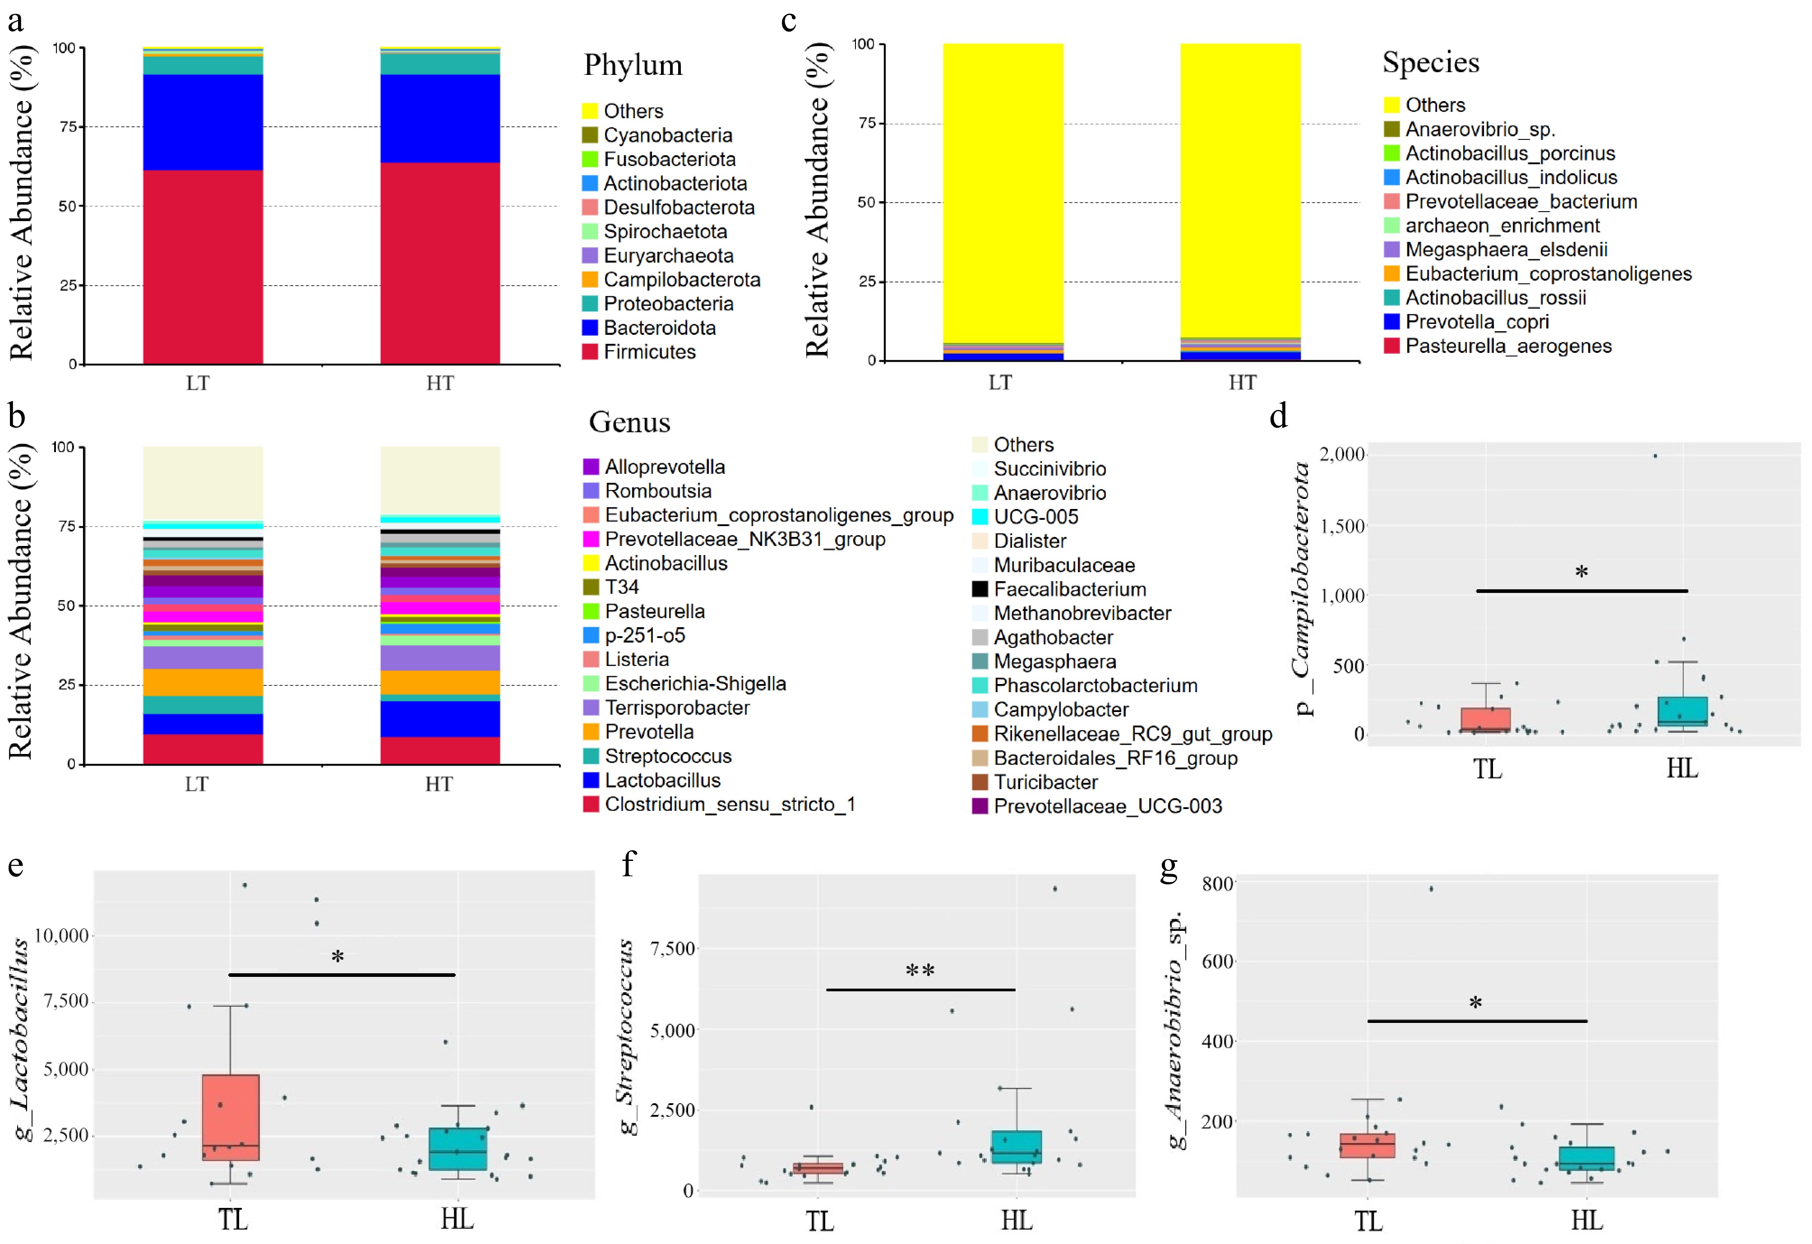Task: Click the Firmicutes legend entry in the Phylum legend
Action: pyautogui.click(x=649, y=352)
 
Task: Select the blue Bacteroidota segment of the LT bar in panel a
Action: pyautogui.click(x=203, y=122)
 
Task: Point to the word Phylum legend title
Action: pyautogui.click(x=633, y=65)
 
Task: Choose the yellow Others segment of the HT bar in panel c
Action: pyautogui.click(x=1240, y=187)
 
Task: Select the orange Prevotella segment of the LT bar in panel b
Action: pyautogui.click(x=203, y=682)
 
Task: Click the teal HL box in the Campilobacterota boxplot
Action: pyautogui.click(x=1682, y=711)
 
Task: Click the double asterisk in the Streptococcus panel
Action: pyautogui.click(x=920, y=971)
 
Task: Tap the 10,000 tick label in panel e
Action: pyautogui.click(x=62, y=935)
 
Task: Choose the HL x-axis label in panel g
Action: pyautogui.click(x=1587, y=1220)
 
